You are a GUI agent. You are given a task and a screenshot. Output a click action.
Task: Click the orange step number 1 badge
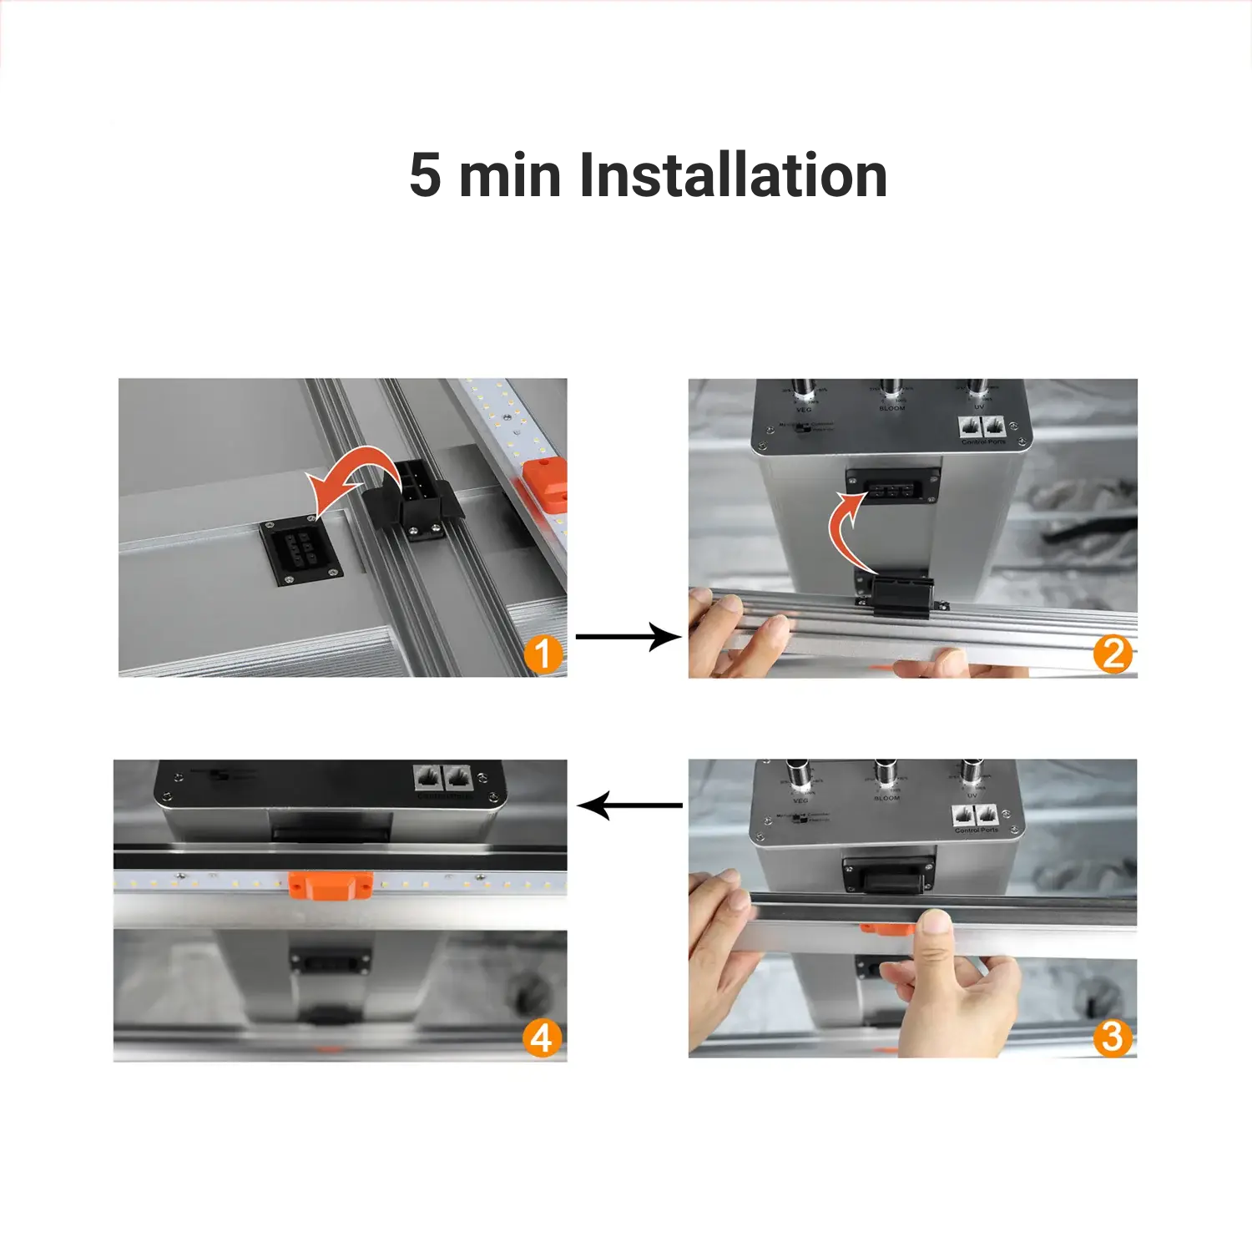[543, 654]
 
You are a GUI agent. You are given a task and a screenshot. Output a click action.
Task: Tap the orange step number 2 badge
[1113, 654]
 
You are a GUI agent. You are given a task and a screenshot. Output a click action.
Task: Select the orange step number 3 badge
[1113, 1037]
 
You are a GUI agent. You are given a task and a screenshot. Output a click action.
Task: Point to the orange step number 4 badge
[542, 1037]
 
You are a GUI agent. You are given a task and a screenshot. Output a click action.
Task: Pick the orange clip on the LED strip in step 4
[331, 885]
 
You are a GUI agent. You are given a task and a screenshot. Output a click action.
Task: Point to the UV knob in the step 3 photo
[970, 772]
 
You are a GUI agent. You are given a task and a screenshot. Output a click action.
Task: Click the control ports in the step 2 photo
[982, 427]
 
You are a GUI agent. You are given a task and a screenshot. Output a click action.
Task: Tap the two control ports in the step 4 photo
[443, 778]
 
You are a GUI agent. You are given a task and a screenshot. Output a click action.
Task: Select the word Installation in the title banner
[733, 175]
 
